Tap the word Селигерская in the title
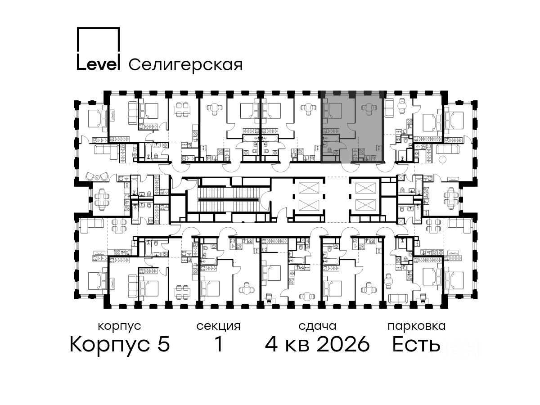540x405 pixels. [185, 65]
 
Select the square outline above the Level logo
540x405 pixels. [98, 40]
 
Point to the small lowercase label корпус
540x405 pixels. [119, 327]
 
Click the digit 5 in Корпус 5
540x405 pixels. [163, 344]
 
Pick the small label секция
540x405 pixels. [218, 327]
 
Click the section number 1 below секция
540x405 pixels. [219, 344]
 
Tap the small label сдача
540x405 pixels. [317, 327]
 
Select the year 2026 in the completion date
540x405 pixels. [343, 344]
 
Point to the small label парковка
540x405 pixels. [417, 327]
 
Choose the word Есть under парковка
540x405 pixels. [416, 344]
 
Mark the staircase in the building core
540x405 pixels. [228, 199]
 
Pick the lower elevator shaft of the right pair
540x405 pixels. [366, 206]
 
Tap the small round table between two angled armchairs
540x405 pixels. [97, 177]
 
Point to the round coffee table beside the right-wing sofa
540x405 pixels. [442, 160]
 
